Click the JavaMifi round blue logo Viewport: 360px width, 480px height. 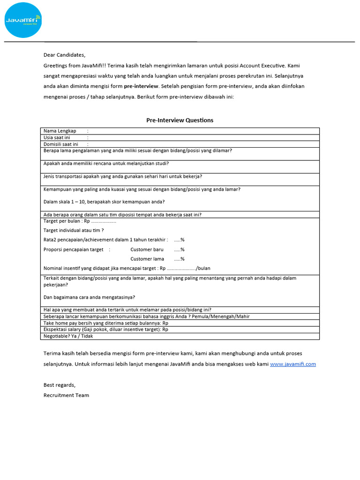(x=23, y=20)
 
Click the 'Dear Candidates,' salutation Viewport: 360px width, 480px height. (x=65, y=55)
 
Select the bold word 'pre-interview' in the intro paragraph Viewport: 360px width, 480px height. (x=141, y=86)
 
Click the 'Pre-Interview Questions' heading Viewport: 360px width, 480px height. (x=180, y=120)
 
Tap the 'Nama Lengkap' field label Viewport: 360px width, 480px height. (x=60, y=131)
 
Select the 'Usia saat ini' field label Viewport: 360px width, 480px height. (x=57, y=138)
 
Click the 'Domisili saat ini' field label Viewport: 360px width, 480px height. (x=60, y=144)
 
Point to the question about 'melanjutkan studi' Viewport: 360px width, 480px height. (x=106, y=164)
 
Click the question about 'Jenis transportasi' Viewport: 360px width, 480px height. (x=122, y=176)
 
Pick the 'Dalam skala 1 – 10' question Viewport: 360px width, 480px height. (x=104, y=202)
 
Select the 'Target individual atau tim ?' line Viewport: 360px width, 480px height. (x=74, y=230)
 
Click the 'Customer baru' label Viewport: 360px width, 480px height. (x=147, y=249)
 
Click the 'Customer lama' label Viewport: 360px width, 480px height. (x=147, y=259)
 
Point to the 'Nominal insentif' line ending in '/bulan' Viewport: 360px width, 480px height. (x=127, y=269)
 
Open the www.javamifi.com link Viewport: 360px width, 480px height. (x=292, y=364)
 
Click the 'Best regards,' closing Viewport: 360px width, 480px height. (x=60, y=385)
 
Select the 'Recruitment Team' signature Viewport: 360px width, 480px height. (x=66, y=395)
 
